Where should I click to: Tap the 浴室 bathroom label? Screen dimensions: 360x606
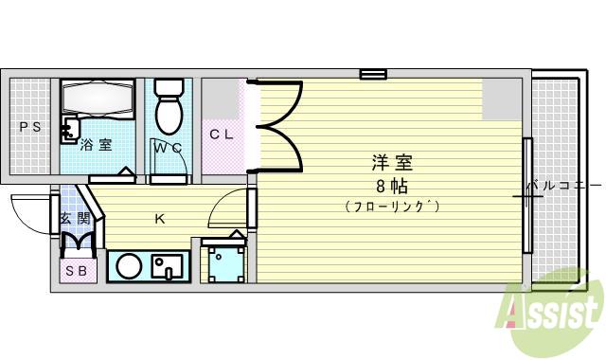point(96,145)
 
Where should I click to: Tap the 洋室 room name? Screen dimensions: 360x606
point(391,162)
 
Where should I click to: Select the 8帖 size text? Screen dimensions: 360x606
point(391,184)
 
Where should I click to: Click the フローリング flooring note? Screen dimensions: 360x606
point(392,206)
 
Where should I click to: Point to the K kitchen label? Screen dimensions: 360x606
point(160,220)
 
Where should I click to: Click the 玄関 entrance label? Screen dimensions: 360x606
point(76,219)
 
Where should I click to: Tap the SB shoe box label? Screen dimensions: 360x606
point(76,272)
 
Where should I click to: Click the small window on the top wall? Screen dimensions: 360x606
point(373,74)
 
